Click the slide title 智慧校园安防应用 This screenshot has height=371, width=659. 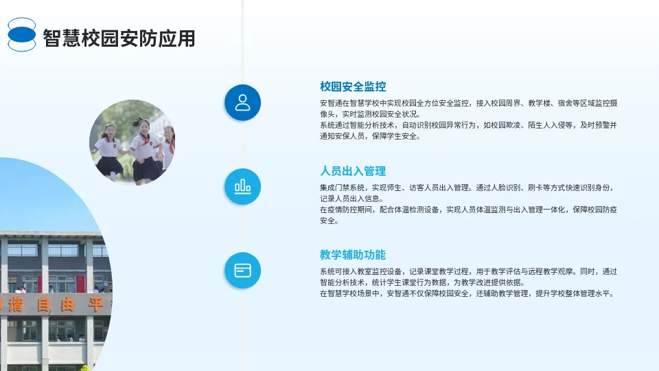(119, 38)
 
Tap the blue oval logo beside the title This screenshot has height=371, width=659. (22, 35)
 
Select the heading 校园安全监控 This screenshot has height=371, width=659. (353, 87)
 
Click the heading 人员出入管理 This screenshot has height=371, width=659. (353, 171)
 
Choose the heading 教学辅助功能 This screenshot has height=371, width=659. (353, 255)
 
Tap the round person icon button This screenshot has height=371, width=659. (242, 103)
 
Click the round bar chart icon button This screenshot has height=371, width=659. (242, 186)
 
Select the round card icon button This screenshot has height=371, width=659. (242, 270)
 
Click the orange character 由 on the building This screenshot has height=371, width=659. (67, 305)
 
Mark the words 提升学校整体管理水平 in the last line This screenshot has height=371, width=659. (573, 293)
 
